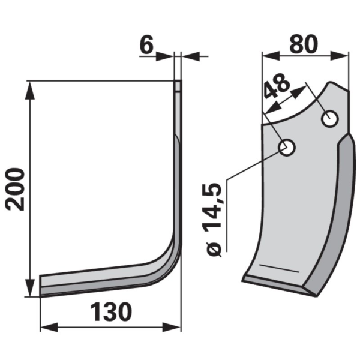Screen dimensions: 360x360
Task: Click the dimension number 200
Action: point(14,190)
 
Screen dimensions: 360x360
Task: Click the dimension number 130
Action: point(111,312)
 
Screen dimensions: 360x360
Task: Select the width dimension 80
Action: point(304,44)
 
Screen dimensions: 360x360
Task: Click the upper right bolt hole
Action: point(330,119)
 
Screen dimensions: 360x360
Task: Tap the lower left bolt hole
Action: point(287,148)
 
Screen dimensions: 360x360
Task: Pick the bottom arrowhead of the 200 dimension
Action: point(29,288)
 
